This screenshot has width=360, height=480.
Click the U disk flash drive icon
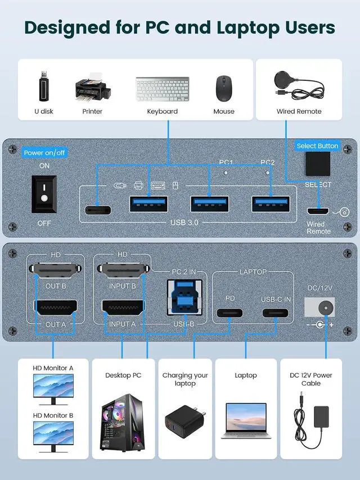(x=44, y=86)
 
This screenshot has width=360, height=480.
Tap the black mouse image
(x=224, y=88)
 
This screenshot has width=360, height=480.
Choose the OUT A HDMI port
(x=56, y=309)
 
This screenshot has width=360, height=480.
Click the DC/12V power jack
(x=319, y=307)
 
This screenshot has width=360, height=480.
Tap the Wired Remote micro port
(x=318, y=212)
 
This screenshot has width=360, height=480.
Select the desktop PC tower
(x=121, y=421)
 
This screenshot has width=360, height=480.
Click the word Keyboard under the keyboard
(x=162, y=111)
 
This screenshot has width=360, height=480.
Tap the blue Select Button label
(x=317, y=146)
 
